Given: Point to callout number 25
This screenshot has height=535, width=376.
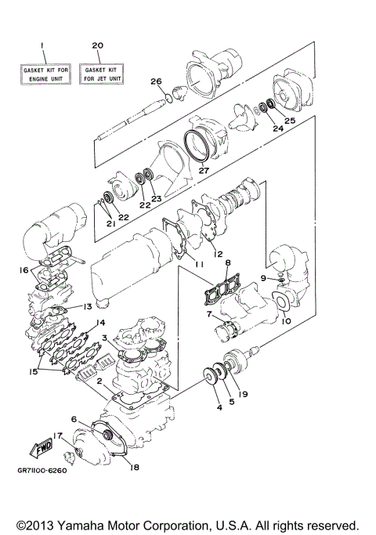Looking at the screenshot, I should (290, 121).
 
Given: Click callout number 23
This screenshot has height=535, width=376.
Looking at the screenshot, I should (156, 199).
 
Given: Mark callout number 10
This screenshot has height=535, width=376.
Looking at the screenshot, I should (285, 321).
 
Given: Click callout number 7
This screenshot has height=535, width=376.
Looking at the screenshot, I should (209, 315).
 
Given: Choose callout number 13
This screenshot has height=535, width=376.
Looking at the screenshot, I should (89, 306).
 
